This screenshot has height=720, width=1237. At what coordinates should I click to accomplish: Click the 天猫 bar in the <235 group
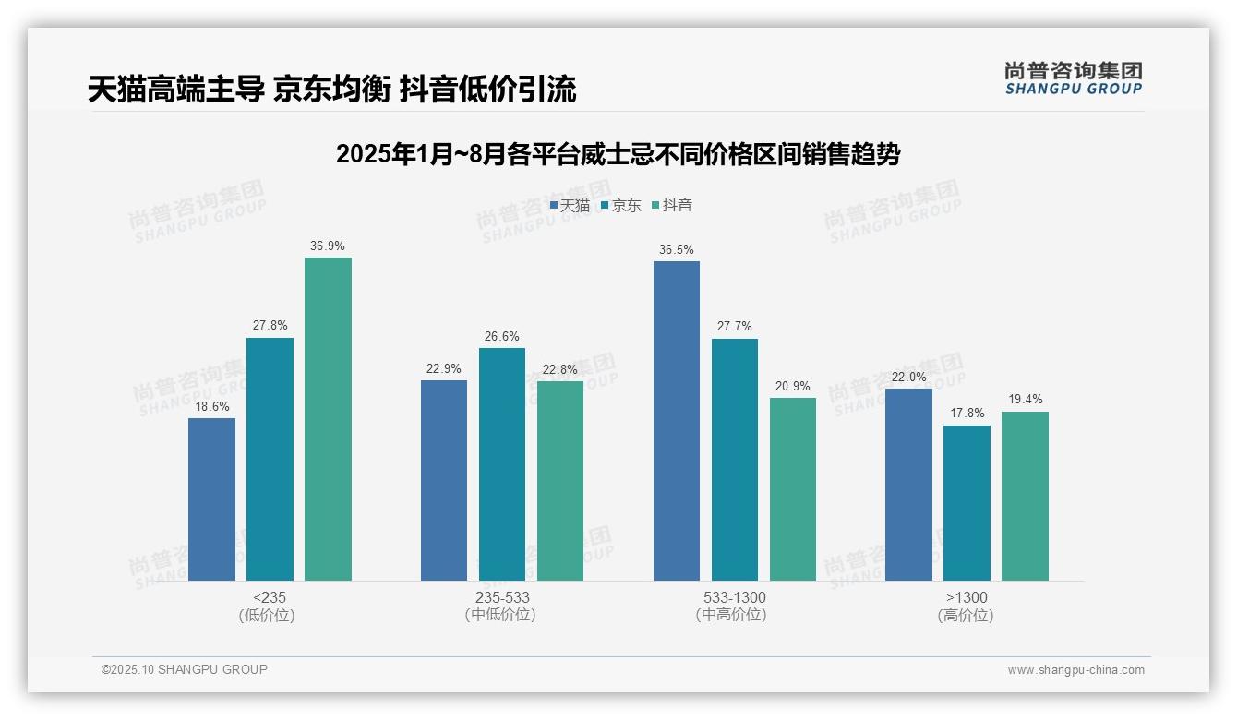(x=211, y=499)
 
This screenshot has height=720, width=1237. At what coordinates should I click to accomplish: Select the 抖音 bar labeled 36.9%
(x=328, y=419)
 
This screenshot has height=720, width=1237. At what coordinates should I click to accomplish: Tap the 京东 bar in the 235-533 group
(x=501, y=464)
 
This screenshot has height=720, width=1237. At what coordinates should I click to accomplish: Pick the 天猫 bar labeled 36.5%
(x=677, y=421)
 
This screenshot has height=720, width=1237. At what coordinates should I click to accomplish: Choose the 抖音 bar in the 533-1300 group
(x=793, y=489)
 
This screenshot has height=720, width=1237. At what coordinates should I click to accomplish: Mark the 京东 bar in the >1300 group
(x=967, y=503)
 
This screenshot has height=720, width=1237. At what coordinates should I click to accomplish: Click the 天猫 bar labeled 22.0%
(x=908, y=485)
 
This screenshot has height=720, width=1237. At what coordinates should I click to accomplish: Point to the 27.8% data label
(x=270, y=326)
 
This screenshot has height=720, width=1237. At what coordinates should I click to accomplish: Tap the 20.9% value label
(x=793, y=386)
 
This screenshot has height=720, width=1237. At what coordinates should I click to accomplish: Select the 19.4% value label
(x=1025, y=400)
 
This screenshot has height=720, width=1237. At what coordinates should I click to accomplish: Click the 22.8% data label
(x=560, y=369)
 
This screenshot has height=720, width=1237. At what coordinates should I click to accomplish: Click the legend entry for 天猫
(x=570, y=206)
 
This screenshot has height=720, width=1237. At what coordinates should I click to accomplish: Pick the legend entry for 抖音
(x=672, y=206)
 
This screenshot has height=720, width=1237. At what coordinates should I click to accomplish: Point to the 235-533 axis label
(x=502, y=597)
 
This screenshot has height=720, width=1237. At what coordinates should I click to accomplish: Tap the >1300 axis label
(x=967, y=597)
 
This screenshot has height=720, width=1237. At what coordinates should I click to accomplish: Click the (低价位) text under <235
(x=267, y=616)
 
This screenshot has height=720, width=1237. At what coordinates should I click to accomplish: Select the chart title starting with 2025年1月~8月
(x=618, y=154)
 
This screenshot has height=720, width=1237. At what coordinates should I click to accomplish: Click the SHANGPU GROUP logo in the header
(x=1073, y=78)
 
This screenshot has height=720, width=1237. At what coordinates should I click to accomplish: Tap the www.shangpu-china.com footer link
(x=1075, y=670)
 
